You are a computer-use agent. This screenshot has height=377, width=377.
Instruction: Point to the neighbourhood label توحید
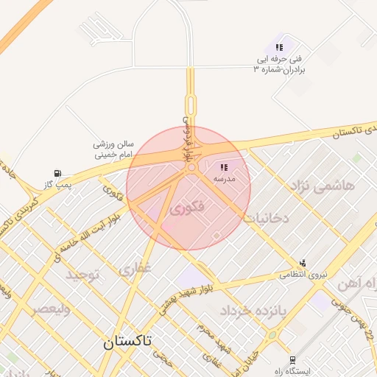[x=82, y=275]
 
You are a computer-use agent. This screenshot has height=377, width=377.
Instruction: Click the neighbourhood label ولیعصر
[x=51, y=309]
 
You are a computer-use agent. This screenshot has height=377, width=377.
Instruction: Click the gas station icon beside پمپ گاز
[x=56, y=174]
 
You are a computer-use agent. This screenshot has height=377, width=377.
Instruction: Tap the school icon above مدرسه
[x=224, y=168]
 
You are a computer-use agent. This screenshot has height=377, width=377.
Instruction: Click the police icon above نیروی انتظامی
[x=303, y=263]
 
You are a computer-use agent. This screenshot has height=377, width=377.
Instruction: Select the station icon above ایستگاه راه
[x=293, y=360]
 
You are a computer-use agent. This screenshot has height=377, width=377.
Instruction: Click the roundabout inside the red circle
[x=191, y=169]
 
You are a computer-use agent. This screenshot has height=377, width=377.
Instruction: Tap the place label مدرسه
[x=224, y=179]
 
